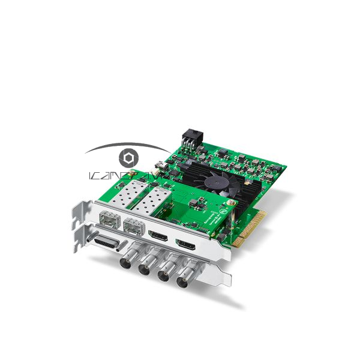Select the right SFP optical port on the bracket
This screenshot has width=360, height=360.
(x=132, y=227)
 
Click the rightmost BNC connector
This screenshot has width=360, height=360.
(x=185, y=282)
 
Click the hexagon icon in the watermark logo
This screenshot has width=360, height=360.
(x=128, y=158)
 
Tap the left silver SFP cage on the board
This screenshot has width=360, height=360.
(x=128, y=193)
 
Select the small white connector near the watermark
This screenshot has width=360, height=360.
(x=161, y=165)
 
